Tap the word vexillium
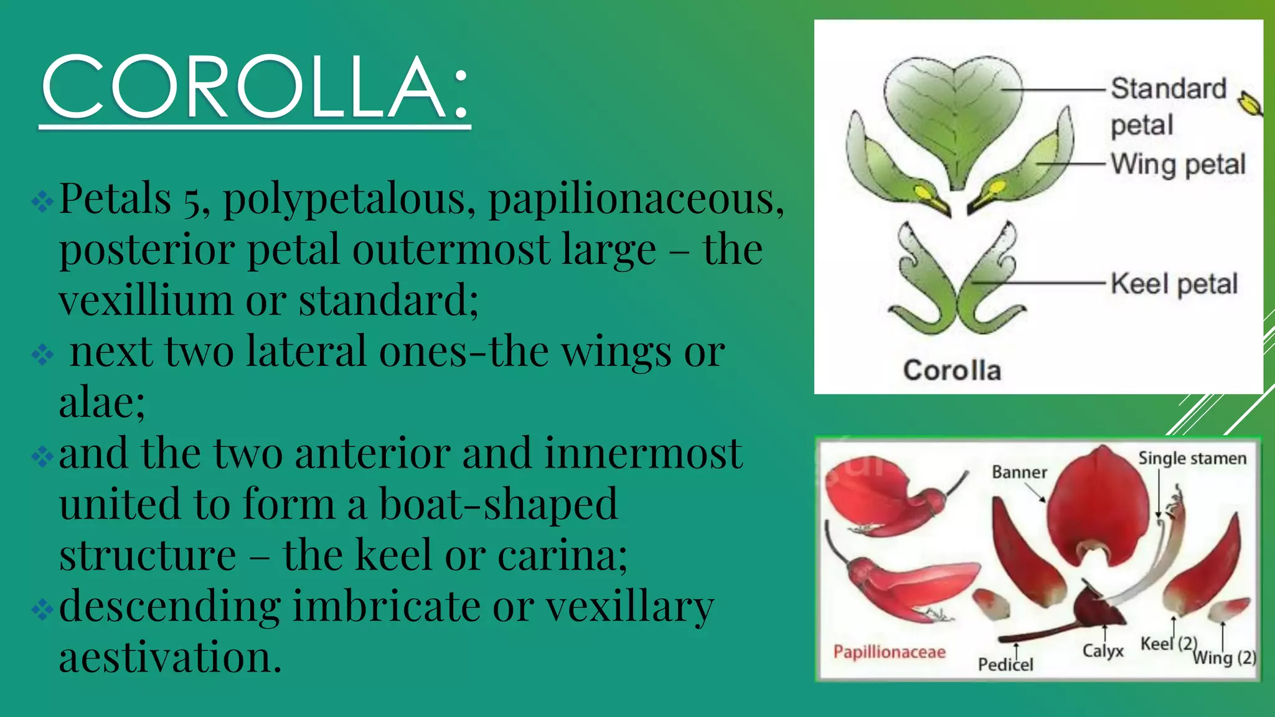[x=145, y=301]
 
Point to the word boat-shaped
[x=498, y=504]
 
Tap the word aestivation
[x=170, y=657]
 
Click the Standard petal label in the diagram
[x=1167, y=106]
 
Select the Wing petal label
[x=1178, y=164]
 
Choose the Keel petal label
[x=1174, y=284]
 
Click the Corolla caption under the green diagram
[x=952, y=370]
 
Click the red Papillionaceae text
[x=889, y=652]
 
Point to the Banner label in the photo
[x=1019, y=472]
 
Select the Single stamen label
[x=1192, y=459]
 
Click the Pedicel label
[x=1005, y=665]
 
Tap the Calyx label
[x=1103, y=651]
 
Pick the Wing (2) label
[x=1224, y=657]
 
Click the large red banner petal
[x=1099, y=498]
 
